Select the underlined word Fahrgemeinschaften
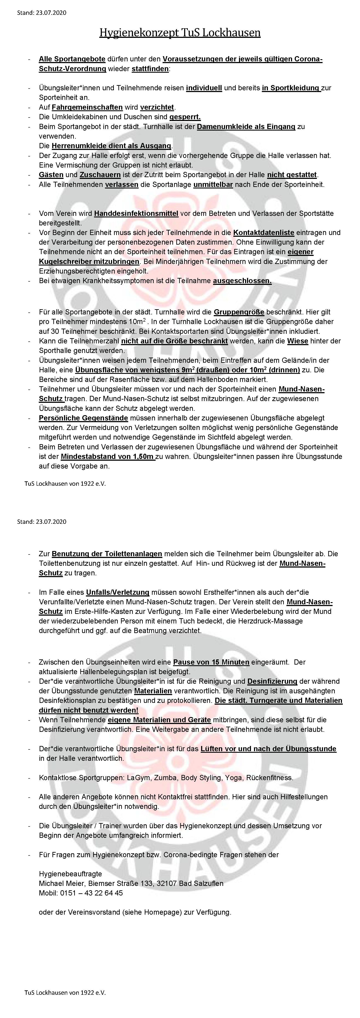tap(87, 107)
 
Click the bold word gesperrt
tap(185, 117)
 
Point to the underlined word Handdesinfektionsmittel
tap(136, 213)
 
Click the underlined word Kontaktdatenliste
tap(264, 233)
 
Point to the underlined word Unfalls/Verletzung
tap(118, 592)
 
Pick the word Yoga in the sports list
tap(234, 778)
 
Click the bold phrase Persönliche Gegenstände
tap(83, 418)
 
